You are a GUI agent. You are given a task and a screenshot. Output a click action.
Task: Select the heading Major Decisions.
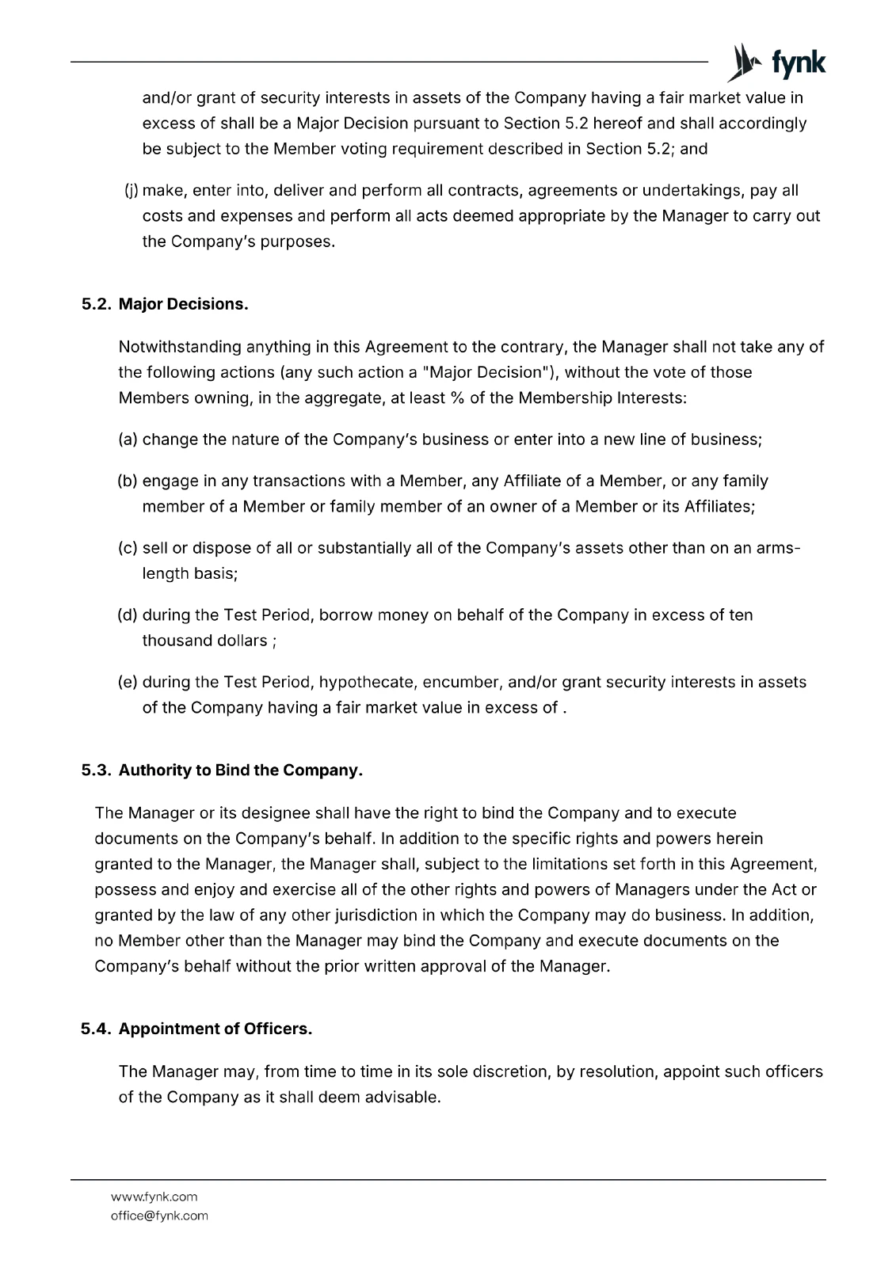pos(183,304)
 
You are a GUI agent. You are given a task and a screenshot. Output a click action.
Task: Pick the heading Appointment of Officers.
pos(215,1029)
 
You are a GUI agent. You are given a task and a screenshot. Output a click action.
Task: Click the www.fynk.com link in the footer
pos(154,1197)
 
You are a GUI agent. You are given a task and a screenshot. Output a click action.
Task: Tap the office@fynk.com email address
pos(159,1216)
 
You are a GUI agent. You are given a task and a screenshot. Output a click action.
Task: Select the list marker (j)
pos(132,190)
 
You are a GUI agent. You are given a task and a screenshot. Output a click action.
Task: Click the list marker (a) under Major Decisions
pos(128,439)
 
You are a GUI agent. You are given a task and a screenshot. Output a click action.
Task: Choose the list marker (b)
pos(128,481)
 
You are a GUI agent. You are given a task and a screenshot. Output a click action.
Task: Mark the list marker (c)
pos(128,548)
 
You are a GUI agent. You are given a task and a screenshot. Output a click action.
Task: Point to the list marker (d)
pos(128,614)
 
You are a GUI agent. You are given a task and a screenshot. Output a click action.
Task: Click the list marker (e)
pos(128,682)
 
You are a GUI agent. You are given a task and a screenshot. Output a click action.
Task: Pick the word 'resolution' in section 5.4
pos(616,1071)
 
